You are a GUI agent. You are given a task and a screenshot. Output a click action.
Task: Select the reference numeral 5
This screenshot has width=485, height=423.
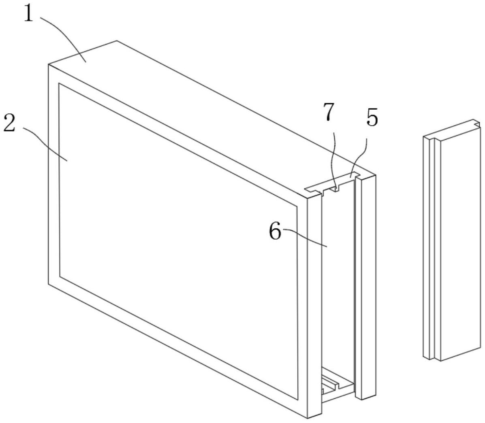(x=372, y=117)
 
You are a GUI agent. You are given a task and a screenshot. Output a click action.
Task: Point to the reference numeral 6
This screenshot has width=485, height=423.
(x=275, y=231)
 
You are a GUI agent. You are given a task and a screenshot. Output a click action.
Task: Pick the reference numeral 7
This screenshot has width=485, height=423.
(x=329, y=112)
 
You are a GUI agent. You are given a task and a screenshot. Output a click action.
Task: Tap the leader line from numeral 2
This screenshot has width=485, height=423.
(x=45, y=141)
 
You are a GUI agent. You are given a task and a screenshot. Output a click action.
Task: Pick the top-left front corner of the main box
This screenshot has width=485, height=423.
(x=49, y=64)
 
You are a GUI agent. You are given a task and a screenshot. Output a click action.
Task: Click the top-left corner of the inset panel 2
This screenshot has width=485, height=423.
(x=58, y=83)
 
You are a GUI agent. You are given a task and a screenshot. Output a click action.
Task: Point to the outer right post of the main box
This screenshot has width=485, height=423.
(x=366, y=287)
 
